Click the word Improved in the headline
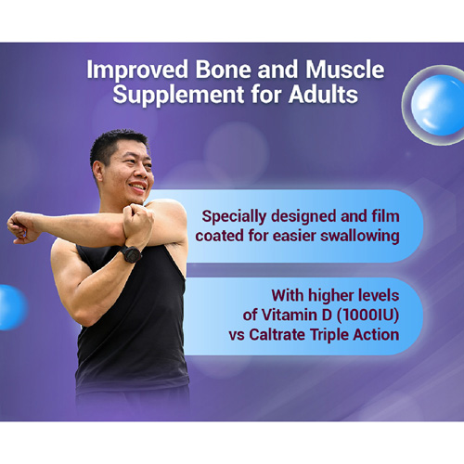point(137,71)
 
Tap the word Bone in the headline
point(224,69)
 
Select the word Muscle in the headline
point(345,69)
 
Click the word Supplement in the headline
point(179,96)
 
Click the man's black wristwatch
point(131,254)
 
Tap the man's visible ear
point(98,173)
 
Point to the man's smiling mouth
point(137,187)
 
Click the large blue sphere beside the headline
point(438,105)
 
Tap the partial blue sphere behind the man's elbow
point(12,307)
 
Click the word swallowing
point(360,237)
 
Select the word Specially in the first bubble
point(234,217)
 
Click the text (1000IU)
point(367,316)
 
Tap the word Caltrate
point(277,335)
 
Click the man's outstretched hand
point(21,227)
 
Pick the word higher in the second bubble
point(330,296)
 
